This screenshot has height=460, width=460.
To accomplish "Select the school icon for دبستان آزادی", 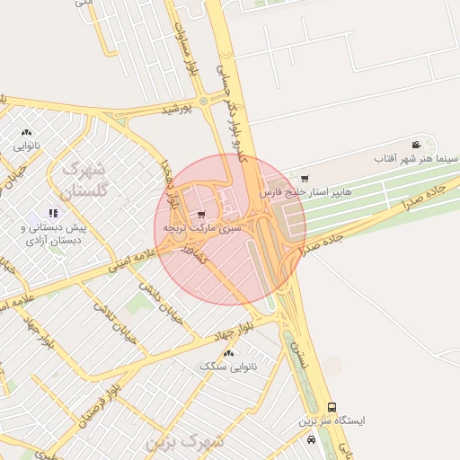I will click(53, 213).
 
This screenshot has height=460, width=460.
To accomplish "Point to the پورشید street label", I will click(177, 109).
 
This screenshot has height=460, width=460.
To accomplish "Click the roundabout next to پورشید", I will click(204, 102).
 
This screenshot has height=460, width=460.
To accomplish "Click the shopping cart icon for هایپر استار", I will click(305, 178).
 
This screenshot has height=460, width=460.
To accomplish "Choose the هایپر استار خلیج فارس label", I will click(305, 192).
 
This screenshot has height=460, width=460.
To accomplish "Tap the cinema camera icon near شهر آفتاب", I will click(415, 145).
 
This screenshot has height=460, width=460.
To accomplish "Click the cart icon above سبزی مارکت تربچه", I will click(201, 214).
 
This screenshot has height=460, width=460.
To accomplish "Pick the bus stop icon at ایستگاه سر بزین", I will click(332, 407).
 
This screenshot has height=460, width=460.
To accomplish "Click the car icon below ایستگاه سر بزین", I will click(311, 439).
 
